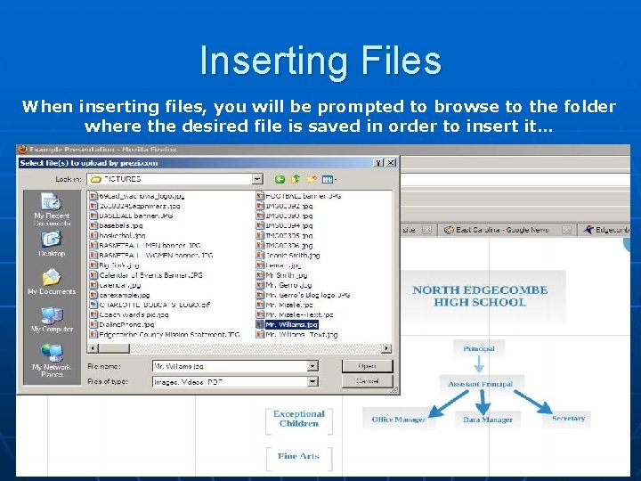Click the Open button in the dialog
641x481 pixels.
368,366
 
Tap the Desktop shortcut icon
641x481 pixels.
52,241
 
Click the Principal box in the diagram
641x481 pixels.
478,348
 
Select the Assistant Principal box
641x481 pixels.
480,384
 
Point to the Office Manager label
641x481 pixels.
398,419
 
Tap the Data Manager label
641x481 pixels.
488,419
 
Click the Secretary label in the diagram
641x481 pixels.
568,418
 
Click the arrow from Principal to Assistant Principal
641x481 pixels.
479,365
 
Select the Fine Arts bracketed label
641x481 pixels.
298,456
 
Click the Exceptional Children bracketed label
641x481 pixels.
299,419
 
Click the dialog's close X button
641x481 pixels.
391,163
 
